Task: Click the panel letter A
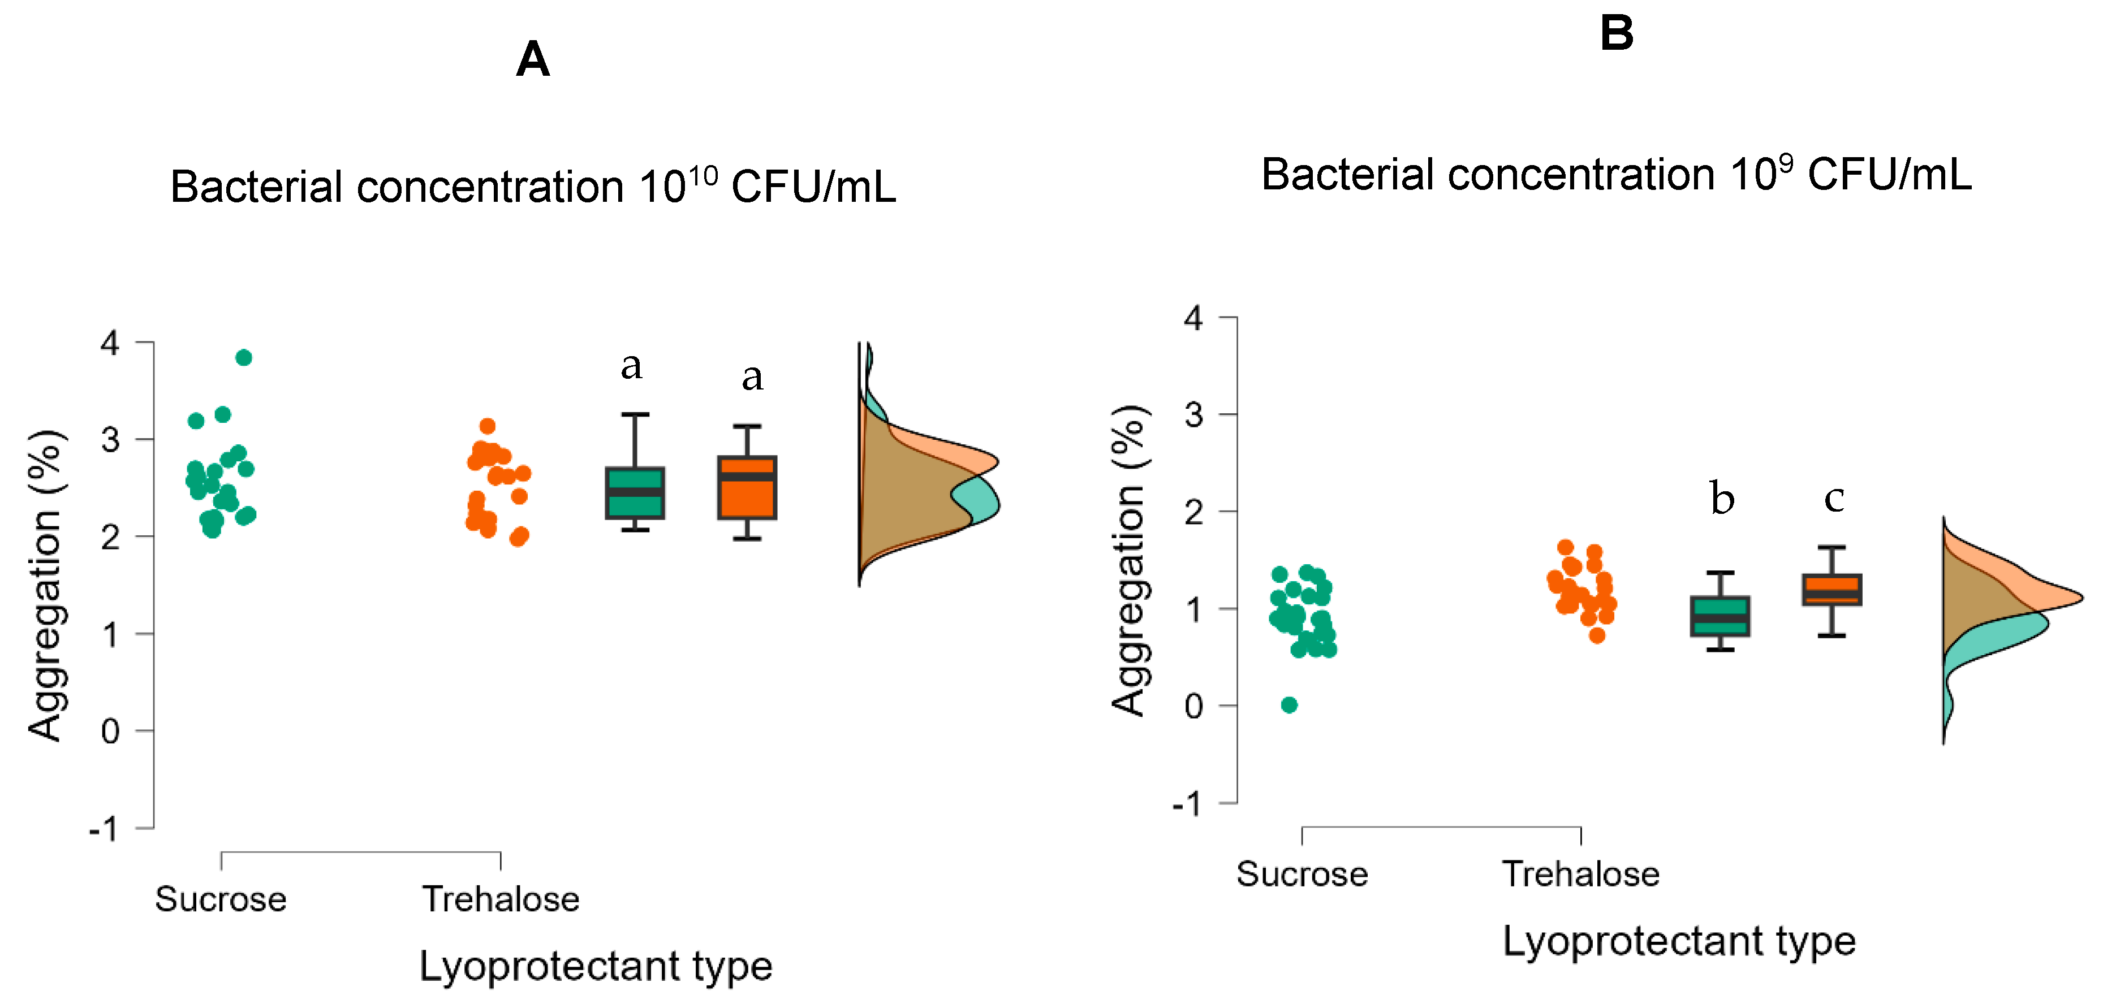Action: click(532, 59)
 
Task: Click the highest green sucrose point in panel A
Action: click(243, 357)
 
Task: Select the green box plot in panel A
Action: click(634, 493)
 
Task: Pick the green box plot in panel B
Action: click(1720, 616)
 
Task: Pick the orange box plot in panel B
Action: click(1832, 589)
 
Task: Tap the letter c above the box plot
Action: click(1834, 499)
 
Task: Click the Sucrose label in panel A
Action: click(221, 899)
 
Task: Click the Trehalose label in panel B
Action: click(1580, 874)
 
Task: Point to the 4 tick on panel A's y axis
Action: click(110, 343)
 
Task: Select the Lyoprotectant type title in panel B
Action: click(1679, 941)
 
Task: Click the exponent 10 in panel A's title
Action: click(702, 175)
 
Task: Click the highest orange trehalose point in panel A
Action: click(488, 426)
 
